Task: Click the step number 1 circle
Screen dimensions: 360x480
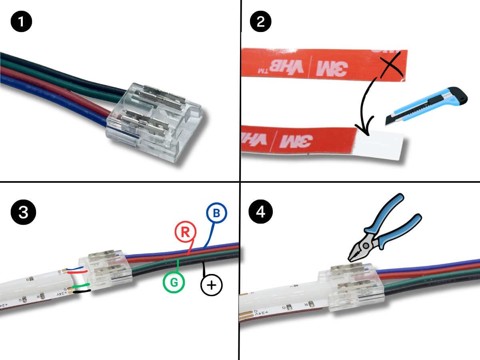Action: coord(22,21)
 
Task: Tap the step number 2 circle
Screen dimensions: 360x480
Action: coord(260,21)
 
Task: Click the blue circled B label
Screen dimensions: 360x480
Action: coord(216,214)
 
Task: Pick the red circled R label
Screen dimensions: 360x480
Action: coord(185,232)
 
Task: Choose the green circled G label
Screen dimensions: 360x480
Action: coord(174,282)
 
